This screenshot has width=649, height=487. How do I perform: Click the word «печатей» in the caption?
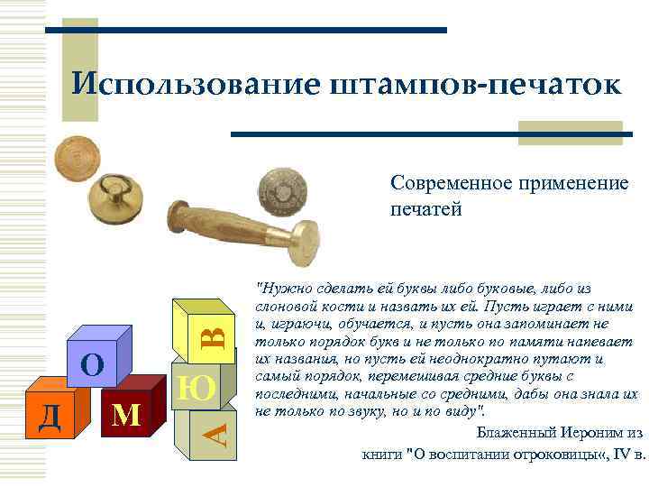(x=425, y=210)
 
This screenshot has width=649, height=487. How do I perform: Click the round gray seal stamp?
(x=282, y=188)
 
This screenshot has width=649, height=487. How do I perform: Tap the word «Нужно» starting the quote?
(x=279, y=289)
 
